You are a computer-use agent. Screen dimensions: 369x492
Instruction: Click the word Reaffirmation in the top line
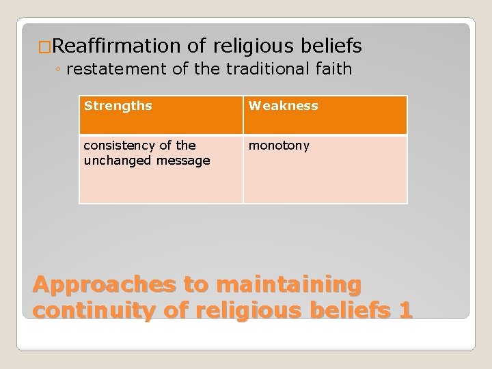115,46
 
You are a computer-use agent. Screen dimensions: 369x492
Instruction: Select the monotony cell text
279,146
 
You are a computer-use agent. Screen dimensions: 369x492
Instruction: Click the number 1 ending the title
405,310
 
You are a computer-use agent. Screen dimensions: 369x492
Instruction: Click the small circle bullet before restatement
59,70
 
